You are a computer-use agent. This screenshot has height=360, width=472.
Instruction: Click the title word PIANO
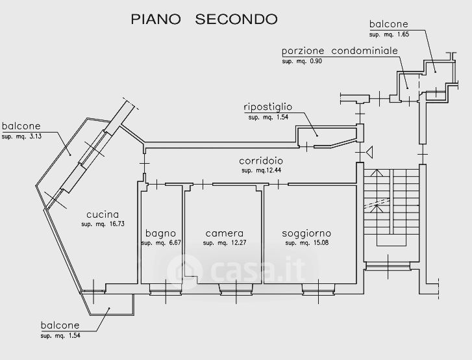[156, 19]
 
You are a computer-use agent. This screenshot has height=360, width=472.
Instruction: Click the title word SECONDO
[236, 19]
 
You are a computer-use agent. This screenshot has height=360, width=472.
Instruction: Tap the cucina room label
[103, 214]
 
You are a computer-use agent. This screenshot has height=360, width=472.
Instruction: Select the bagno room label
[160, 233]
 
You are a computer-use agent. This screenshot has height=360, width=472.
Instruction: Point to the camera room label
[225, 233]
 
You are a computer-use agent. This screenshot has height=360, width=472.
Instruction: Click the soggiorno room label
[306, 233]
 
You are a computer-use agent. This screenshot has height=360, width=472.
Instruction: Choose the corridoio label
[261, 161]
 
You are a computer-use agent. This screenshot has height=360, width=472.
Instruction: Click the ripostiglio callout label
[268, 107]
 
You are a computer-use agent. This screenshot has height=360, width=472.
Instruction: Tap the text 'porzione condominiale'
[340, 51]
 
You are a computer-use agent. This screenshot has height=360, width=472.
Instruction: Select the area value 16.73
[116, 224]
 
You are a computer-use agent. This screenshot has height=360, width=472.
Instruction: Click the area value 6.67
[175, 243]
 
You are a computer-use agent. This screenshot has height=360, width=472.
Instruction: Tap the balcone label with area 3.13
[21, 126]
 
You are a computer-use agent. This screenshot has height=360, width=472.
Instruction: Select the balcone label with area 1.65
[389, 24]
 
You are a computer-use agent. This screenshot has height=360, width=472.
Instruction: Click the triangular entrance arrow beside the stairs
[369, 152]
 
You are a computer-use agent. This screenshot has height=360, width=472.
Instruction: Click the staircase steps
[391, 202]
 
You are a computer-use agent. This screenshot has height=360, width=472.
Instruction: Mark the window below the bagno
[166, 289]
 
